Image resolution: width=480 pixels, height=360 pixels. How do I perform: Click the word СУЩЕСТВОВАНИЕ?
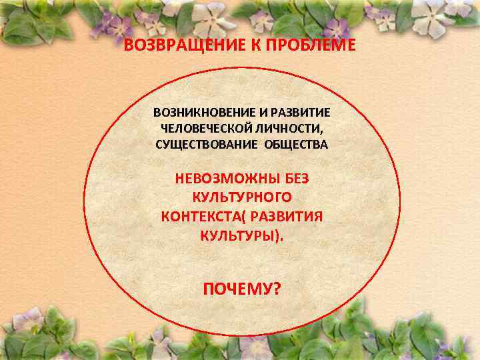(203, 144)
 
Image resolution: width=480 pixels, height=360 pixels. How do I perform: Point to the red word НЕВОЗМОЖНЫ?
(219, 179)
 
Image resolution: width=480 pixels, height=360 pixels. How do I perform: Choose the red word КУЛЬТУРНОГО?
(241, 197)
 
